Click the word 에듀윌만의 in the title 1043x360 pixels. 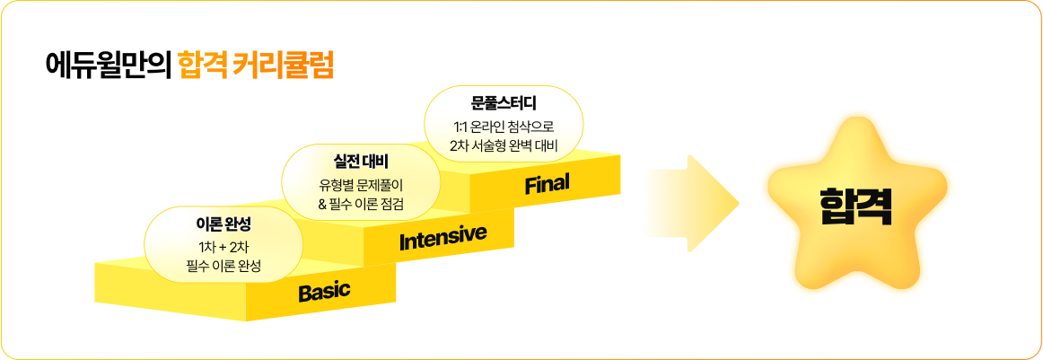coord(109,66)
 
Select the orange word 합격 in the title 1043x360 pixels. coord(204,66)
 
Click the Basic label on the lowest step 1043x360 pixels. coord(324,292)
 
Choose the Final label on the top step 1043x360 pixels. coord(548,183)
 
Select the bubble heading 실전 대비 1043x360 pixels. coord(361,162)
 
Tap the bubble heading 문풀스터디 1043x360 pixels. coord(504,104)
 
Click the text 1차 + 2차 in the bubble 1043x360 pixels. coord(223,249)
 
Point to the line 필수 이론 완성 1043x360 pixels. coord(223,267)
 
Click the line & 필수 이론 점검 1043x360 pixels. coord(361,203)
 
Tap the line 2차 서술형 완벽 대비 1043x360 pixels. coord(504,145)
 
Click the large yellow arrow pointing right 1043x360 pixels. coord(692,204)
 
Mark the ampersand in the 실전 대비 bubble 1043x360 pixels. coord(322,204)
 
